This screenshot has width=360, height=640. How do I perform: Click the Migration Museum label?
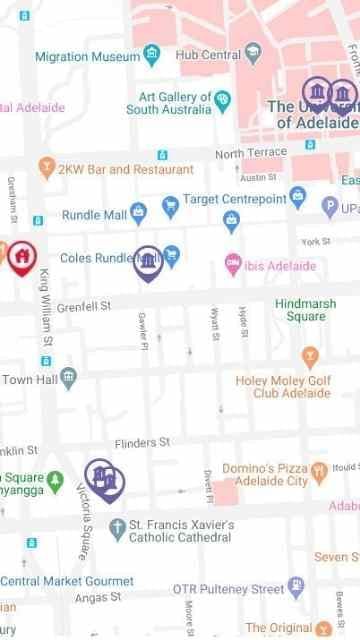click(87, 57)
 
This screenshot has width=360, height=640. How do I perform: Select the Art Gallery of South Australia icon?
click(222, 99)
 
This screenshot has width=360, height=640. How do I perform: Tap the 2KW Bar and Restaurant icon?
click(46, 168)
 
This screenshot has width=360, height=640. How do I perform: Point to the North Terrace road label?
click(243, 154)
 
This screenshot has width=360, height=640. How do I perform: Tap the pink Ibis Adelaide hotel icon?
click(233, 264)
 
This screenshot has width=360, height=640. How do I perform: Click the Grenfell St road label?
click(83, 304)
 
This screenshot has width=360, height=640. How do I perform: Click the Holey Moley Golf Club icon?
click(310, 355)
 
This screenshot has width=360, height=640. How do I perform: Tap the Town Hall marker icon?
click(68, 377)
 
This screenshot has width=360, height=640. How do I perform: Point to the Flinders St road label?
click(142, 441)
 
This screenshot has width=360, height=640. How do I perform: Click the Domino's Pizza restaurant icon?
click(318, 469)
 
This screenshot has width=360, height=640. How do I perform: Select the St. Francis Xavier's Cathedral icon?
click(117, 526)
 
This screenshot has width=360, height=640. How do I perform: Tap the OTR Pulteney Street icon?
click(295, 586)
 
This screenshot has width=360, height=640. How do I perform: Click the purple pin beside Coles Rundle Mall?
click(148, 262)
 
